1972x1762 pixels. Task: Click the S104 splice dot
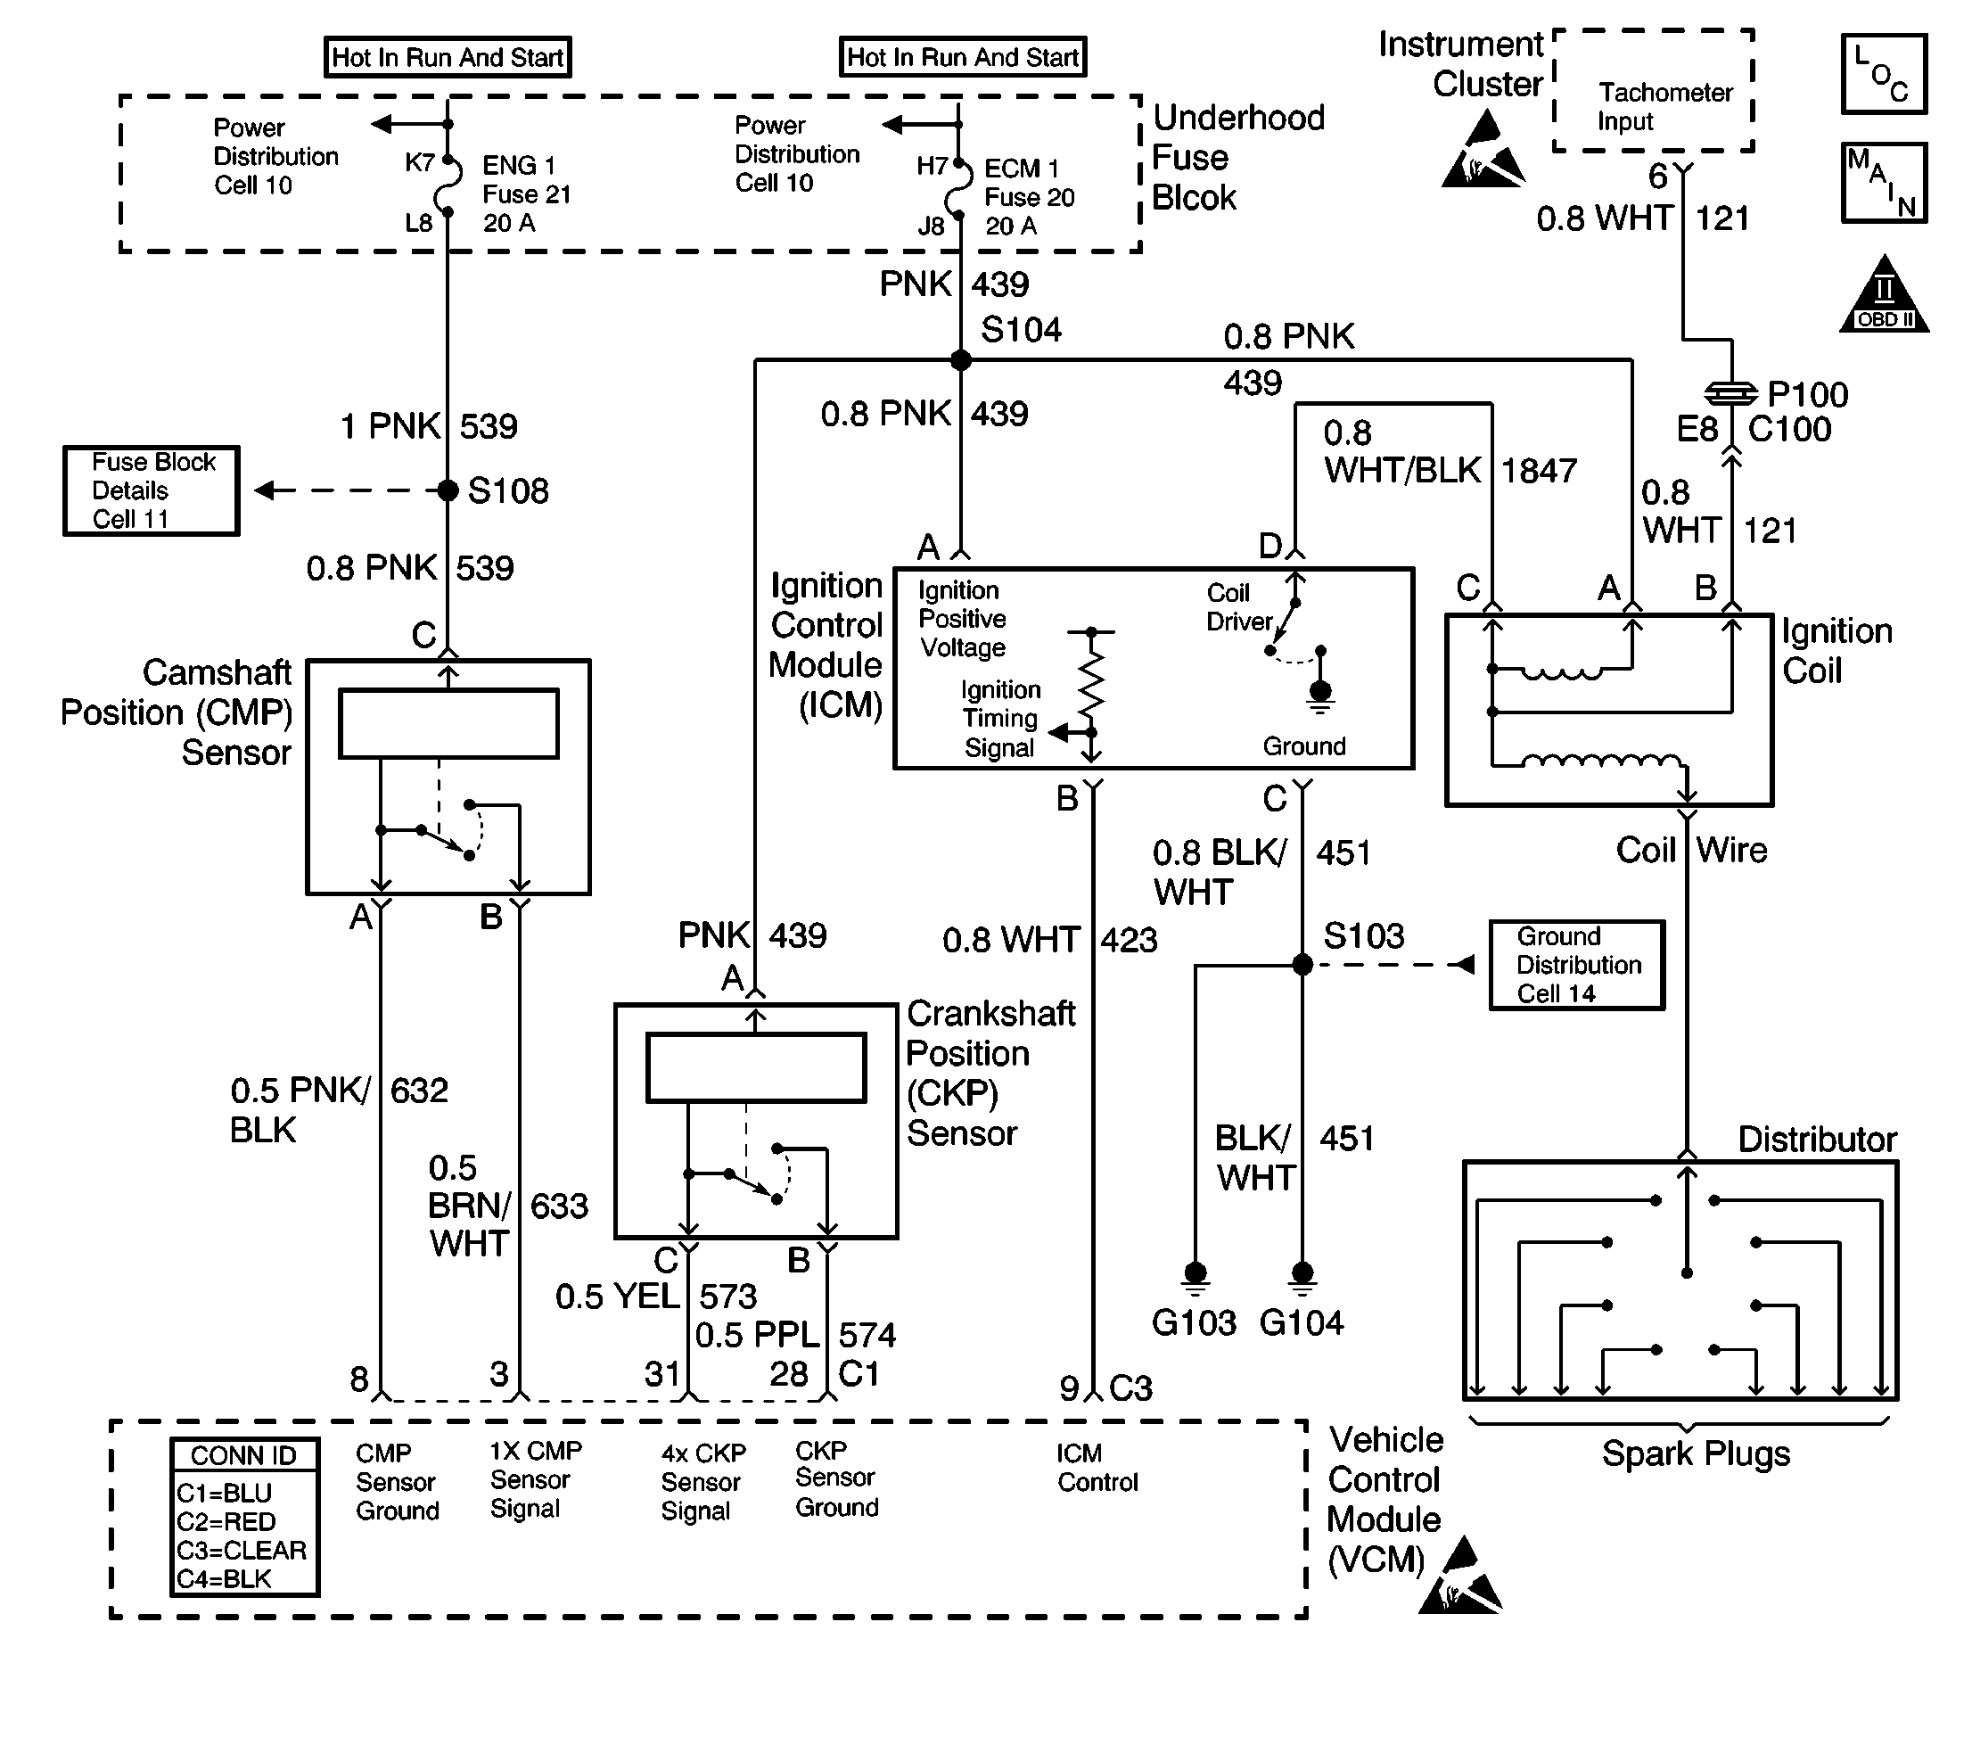pos(960,360)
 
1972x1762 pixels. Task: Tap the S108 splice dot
pos(448,490)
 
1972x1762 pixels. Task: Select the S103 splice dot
pos(1302,964)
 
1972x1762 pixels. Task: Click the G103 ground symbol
pos(1196,1276)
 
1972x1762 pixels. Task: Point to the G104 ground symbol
pos(1302,1276)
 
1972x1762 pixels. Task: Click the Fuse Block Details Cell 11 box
pos(151,490)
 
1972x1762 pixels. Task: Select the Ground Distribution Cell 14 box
pos(1576,965)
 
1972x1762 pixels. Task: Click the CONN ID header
pos(244,1456)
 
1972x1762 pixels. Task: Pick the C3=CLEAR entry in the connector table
pos(241,1550)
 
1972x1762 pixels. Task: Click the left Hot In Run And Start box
pos(448,57)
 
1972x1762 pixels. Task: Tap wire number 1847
pos(1540,472)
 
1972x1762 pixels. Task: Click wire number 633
pos(560,1206)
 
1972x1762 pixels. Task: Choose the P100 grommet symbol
pos(1731,393)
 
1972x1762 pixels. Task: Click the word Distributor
pos(1817,1140)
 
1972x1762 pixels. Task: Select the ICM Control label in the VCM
pos(1097,1468)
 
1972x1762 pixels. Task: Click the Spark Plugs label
pos(1695,1454)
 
